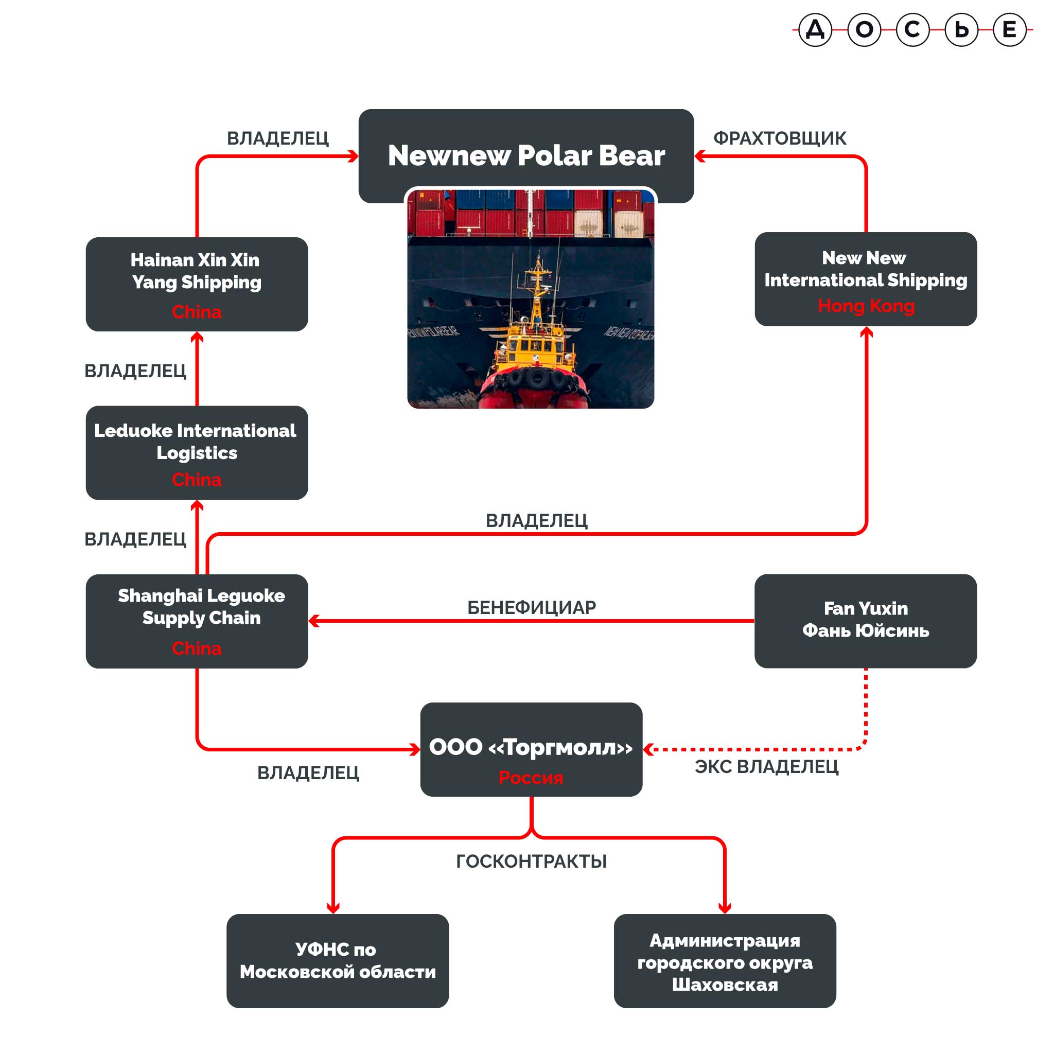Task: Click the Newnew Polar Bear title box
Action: (526, 155)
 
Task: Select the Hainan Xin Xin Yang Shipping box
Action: (197, 284)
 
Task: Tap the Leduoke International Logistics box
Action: (197, 452)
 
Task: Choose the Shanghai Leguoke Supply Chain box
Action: (197, 621)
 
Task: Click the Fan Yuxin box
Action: (865, 620)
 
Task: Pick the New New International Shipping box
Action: (865, 279)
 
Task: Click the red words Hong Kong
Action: (866, 306)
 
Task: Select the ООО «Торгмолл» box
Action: (531, 749)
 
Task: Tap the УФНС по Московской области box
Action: (337, 961)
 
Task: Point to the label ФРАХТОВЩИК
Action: (780, 138)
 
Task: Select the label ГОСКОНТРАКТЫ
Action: (531, 862)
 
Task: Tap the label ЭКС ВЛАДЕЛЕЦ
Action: (766, 766)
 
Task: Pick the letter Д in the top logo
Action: (815, 29)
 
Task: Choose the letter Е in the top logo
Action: (1009, 29)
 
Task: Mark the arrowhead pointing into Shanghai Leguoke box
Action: (314, 621)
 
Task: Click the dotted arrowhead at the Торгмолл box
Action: (648, 749)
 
